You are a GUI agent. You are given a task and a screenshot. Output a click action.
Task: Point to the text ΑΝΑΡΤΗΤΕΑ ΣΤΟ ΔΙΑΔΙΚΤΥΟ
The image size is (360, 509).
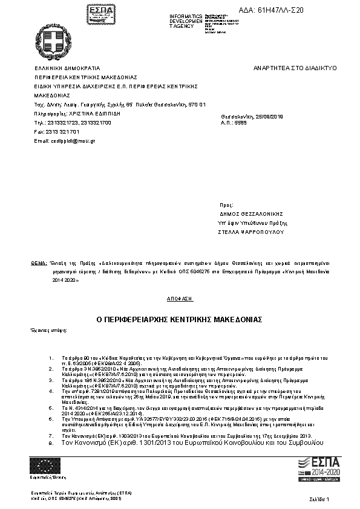(295, 68)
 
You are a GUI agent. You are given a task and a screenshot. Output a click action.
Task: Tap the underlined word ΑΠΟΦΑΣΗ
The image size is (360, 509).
(179, 299)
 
